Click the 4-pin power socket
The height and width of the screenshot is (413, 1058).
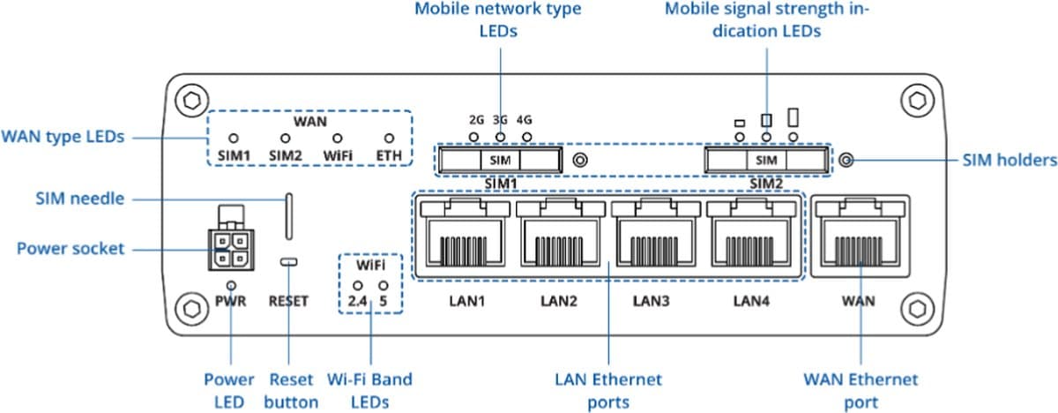pos(227,250)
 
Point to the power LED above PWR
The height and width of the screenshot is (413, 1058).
pos(231,285)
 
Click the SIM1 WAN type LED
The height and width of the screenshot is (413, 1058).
pos(234,139)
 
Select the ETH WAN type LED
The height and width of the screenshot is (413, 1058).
pos(389,139)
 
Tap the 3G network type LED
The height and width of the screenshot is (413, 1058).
pos(501,138)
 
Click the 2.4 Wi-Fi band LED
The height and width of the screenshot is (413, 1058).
pos(358,286)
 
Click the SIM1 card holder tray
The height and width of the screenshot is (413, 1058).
pos(500,160)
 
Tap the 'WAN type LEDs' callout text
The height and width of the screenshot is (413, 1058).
pos(63,137)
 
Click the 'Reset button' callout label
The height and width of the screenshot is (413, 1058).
pos(291,391)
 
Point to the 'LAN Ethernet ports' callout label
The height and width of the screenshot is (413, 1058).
pos(608,391)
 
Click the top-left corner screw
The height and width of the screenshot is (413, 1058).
pos(187,99)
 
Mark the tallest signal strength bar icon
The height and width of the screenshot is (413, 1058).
pos(793,116)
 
